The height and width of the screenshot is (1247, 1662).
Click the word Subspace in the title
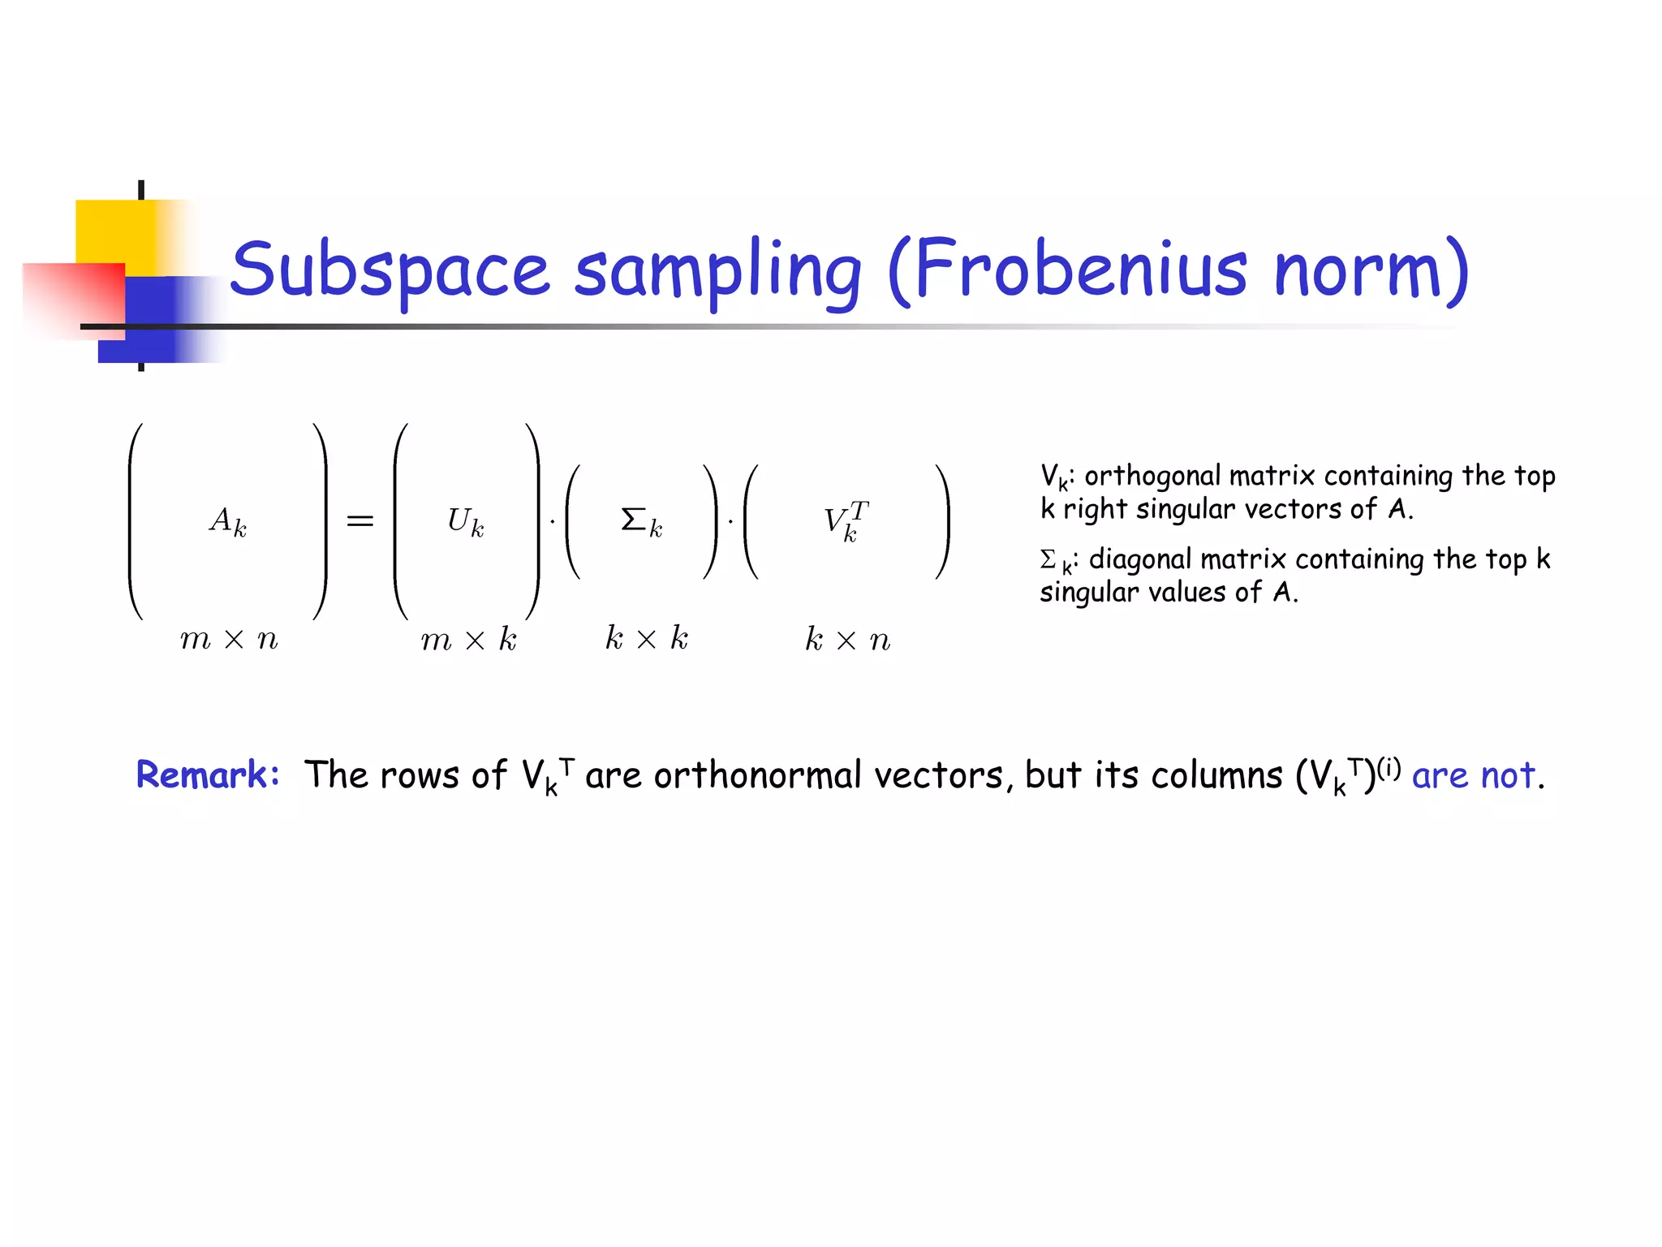[x=390, y=270]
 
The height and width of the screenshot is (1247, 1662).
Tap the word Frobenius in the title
[x=1079, y=270]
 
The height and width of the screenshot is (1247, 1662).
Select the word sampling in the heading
[x=717, y=270]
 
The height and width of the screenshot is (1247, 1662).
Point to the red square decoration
[x=73, y=296]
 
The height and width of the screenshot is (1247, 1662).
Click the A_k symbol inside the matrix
[x=228, y=521]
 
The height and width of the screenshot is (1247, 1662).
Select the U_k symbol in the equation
[x=466, y=521]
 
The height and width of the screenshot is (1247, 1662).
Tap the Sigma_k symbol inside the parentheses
[x=641, y=521]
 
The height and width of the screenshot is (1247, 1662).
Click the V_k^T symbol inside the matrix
[x=846, y=521]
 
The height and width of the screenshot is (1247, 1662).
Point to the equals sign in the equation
[x=360, y=521]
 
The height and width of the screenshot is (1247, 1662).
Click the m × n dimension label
[x=229, y=640]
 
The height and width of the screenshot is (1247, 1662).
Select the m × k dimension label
[x=468, y=640]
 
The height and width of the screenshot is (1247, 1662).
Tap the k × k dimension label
[x=647, y=639]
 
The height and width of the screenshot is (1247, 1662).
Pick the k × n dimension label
[x=847, y=640]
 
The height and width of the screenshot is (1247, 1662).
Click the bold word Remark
[x=208, y=774]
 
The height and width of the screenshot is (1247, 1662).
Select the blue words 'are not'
[x=1474, y=775]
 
